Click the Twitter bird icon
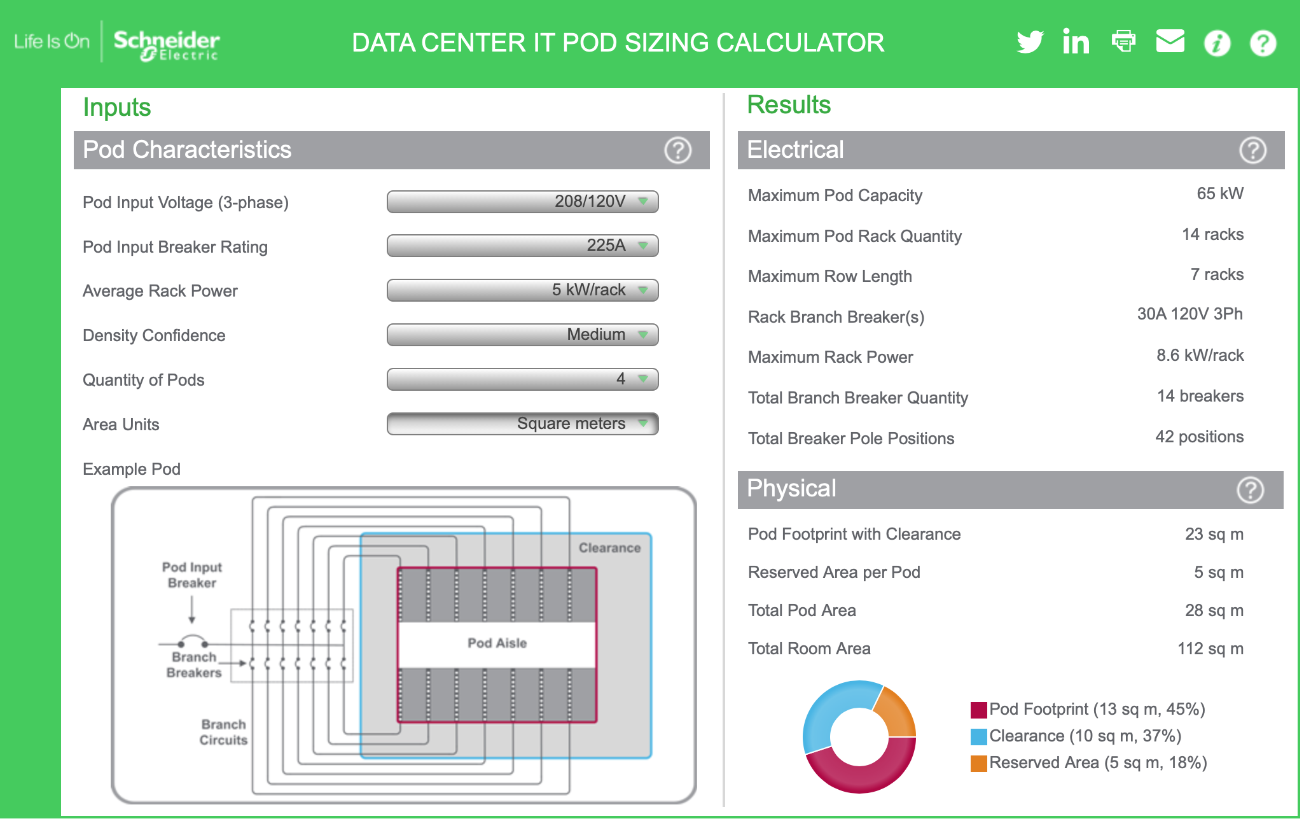pyautogui.click(x=1030, y=42)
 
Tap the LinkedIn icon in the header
pyautogui.click(x=1076, y=42)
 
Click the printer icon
pyautogui.click(x=1123, y=41)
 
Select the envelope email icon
pyautogui.click(x=1170, y=41)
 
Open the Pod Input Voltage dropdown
pyautogui.click(x=522, y=202)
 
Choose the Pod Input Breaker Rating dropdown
pyautogui.click(x=522, y=246)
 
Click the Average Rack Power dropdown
pyautogui.click(x=522, y=290)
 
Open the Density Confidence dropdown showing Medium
pyautogui.click(x=522, y=335)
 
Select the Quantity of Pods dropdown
pyautogui.click(x=522, y=379)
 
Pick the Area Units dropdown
pyautogui.click(x=522, y=424)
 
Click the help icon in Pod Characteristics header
pyautogui.click(x=677, y=150)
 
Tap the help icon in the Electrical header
pyautogui.click(x=1252, y=150)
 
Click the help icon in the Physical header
pyautogui.click(x=1250, y=490)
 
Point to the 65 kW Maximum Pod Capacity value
pyautogui.click(x=1219, y=193)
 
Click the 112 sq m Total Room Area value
pyautogui.click(x=1210, y=649)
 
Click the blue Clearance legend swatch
pyautogui.click(x=978, y=736)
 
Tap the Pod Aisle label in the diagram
pyautogui.click(x=497, y=643)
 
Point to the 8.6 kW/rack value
pyautogui.click(x=1200, y=355)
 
